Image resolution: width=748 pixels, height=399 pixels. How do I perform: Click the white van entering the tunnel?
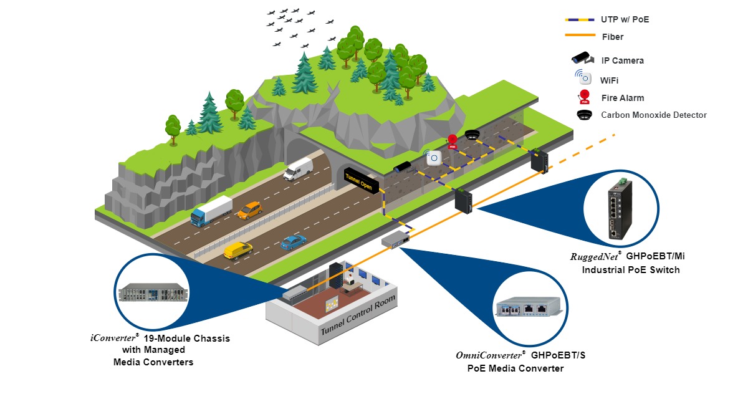298,168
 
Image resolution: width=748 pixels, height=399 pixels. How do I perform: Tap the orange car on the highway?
250,209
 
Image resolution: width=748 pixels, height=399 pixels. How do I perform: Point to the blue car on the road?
293,242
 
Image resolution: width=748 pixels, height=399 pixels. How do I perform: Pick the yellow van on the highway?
237,250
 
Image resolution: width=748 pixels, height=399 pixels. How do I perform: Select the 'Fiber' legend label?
613,37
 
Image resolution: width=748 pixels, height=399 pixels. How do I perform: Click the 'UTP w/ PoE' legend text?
625,20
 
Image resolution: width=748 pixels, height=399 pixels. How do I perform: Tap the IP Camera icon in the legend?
584,58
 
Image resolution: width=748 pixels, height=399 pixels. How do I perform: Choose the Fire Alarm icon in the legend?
584,97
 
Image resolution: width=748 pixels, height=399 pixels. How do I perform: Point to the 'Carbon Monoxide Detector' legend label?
654,115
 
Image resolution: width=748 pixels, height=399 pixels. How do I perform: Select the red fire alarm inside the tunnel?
453,142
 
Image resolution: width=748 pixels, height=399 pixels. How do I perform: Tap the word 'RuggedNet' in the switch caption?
593,256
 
